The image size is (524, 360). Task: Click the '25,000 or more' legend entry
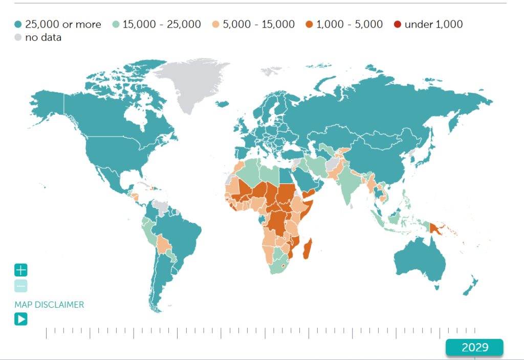point(58,24)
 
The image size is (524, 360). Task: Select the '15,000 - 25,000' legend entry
point(157,24)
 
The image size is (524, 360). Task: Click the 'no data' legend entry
point(38,37)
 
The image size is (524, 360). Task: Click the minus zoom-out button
point(21,286)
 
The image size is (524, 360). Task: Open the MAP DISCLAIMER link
point(49,305)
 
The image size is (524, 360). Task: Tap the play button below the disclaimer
point(21,320)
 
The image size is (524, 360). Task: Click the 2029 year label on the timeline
point(474,347)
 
